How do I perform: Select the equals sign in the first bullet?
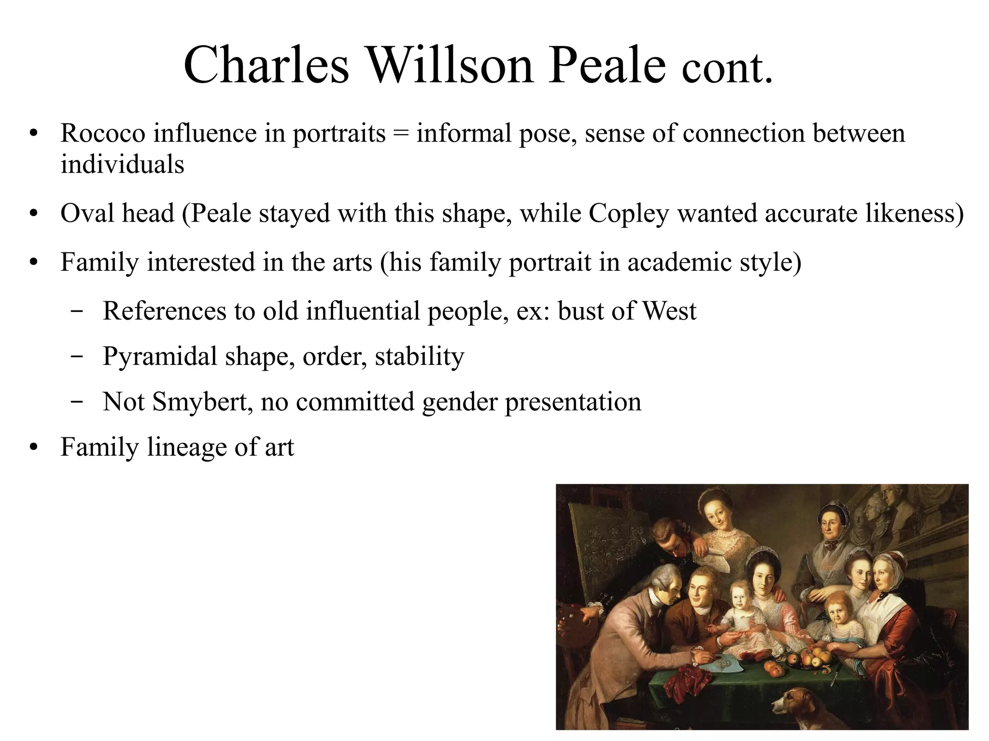[400, 134]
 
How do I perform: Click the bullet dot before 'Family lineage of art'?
[33, 447]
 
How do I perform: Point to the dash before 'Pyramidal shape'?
[76, 357]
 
